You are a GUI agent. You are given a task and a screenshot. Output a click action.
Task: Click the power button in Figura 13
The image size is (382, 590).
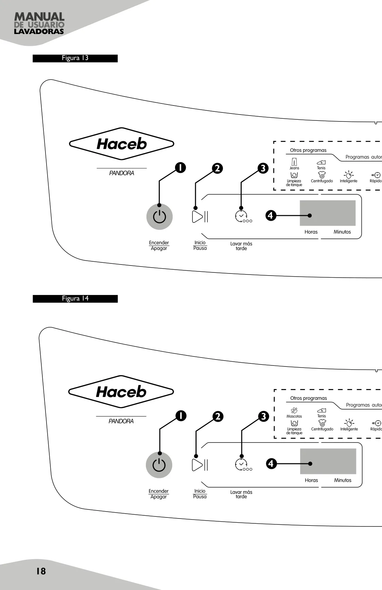(x=159, y=217)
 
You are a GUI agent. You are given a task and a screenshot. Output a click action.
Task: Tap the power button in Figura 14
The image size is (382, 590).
(x=159, y=465)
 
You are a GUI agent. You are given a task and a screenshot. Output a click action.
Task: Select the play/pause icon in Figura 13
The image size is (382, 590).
(x=200, y=217)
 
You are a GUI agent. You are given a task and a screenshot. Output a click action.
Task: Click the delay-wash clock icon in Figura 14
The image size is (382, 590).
(x=243, y=465)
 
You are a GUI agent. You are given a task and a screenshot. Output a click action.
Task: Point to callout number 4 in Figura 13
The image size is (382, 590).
(x=271, y=216)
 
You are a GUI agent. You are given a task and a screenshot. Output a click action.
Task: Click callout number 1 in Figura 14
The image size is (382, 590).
(x=181, y=416)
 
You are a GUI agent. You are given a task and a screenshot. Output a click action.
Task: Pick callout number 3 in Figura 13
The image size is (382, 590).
(x=263, y=168)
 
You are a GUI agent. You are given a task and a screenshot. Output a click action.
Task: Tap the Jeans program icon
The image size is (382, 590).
(x=294, y=161)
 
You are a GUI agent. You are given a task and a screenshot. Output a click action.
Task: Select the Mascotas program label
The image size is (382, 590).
(x=294, y=416)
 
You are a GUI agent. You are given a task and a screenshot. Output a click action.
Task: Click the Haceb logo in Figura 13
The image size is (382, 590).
(x=122, y=144)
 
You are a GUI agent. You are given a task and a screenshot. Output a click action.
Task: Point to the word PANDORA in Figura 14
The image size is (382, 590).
(x=121, y=421)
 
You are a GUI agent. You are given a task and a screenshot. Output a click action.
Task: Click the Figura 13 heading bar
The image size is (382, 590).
(x=75, y=58)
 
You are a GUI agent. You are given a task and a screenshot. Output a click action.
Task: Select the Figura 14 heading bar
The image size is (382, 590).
(x=75, y=299)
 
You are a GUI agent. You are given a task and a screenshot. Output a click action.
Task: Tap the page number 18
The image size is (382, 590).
(x=41, y=571)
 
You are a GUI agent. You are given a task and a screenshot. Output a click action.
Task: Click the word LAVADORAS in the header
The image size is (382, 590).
(x=39, y=31)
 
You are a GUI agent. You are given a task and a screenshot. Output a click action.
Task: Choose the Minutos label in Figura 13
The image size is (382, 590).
(x=342, y=232)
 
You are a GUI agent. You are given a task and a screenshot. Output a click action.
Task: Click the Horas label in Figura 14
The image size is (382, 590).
(x=312, y=480)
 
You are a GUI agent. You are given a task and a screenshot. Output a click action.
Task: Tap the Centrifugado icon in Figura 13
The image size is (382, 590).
(x=322, y=175)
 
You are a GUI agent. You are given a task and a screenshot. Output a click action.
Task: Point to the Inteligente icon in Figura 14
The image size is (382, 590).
(x=349, y=423)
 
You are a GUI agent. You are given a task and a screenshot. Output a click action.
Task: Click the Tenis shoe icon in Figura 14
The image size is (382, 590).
(x=322, y=410)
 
